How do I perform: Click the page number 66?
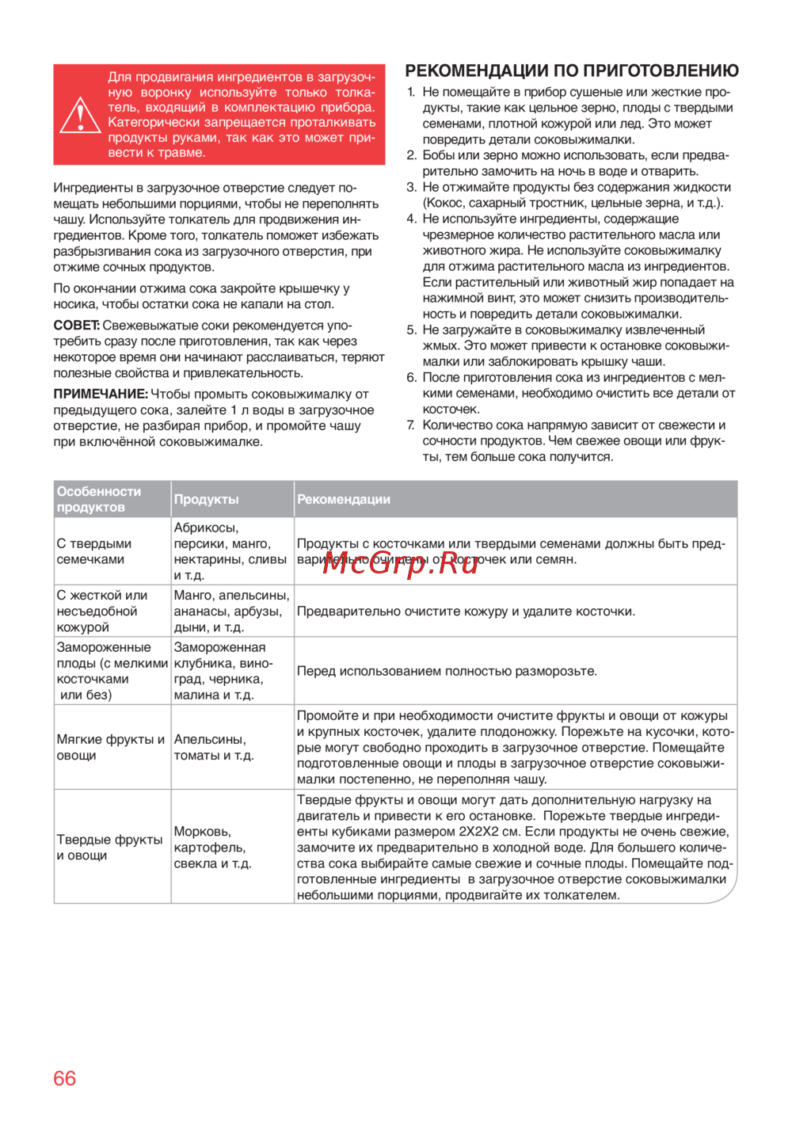pos(64,1078)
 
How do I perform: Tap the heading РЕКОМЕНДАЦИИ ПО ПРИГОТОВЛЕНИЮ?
pos(572,70)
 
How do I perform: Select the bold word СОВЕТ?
pos(76,326)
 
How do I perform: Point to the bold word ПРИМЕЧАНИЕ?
pos(101,394)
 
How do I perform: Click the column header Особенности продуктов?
pos(99,499)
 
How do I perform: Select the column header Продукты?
pos(206,499)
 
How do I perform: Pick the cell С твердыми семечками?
pos(94,551)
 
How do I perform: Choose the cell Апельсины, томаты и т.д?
pos(214,747)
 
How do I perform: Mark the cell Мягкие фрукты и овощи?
pos(111,747)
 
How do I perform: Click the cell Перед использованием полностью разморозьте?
pos(447,671)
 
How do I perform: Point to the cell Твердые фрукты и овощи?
pos(109,848)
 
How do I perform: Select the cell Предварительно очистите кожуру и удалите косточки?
pos(466,612)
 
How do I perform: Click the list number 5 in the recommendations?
pos(411,330)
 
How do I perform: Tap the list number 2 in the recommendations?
pos(411,155)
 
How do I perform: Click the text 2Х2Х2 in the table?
pos(483,832)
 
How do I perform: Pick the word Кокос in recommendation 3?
pos(443,203)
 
